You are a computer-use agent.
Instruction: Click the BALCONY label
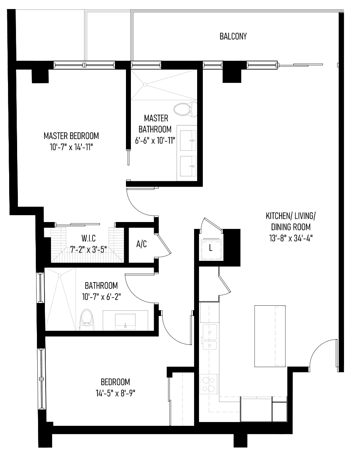coord(233,36)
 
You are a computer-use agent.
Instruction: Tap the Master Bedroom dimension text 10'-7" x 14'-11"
coord(72,147)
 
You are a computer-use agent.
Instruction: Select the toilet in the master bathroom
coord(185,109)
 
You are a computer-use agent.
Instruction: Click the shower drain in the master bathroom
coord(145,84)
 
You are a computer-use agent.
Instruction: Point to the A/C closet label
coord(142,244)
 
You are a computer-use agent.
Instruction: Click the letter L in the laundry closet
coord(210,248)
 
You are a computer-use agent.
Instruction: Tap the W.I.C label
coord(88,238)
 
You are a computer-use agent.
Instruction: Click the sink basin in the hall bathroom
coord(125,321)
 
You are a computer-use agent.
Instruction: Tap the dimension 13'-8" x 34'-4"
coord(291,239)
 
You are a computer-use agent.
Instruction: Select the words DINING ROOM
coord(291,227)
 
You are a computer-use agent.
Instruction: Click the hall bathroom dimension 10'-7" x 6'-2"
coord(101,297)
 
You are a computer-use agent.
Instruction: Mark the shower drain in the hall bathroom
coord(60,275)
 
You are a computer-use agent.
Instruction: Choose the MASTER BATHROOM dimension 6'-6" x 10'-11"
coord(155,140)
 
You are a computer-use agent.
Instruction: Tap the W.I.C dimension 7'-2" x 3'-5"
coord(88,250)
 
